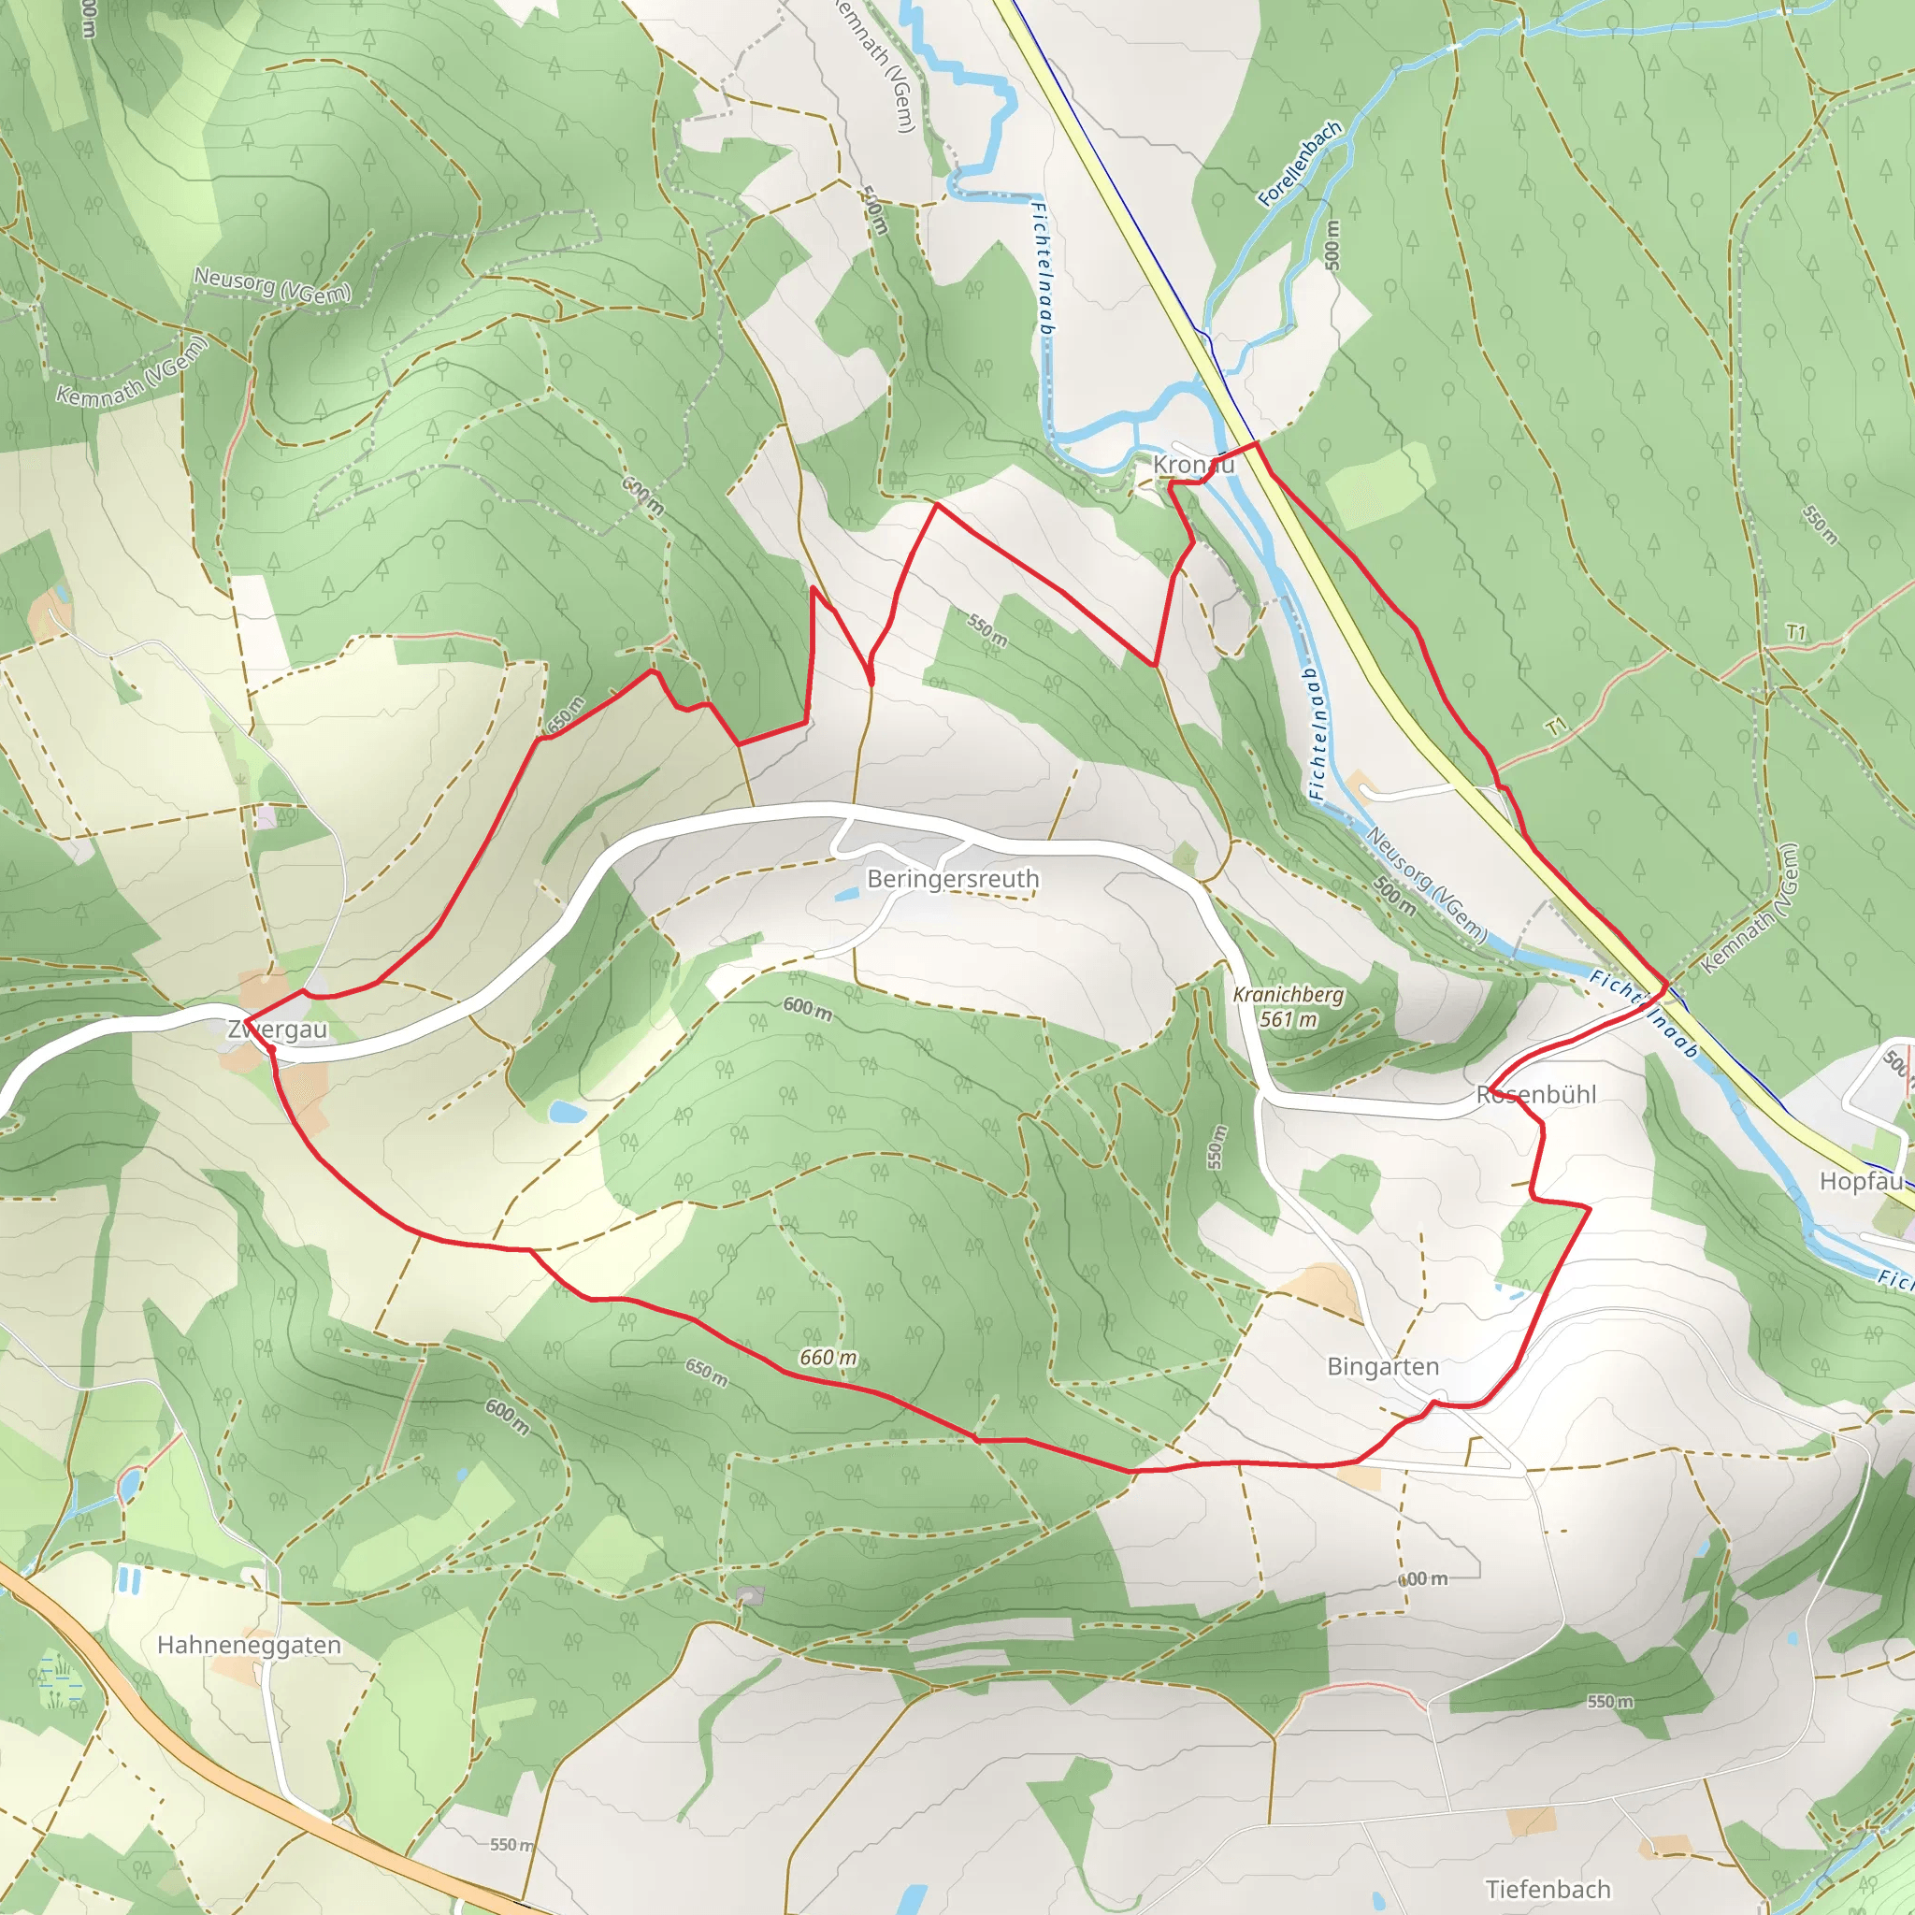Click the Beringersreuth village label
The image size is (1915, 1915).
pos(953,879)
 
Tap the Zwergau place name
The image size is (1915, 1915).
pos(278,1029)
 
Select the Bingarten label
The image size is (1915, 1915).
pos(1383,1367)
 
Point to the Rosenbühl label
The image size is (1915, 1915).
pos(1535,1094)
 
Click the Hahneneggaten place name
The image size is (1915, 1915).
pos(249,1646)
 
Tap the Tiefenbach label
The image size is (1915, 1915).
pos(1548,1888)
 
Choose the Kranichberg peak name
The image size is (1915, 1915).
pos(1288,994)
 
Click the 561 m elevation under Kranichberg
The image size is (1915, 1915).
pos(1288,1019)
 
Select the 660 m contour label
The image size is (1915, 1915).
pos(828,1357)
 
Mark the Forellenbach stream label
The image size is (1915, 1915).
pos(1300,163)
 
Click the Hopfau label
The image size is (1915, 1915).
pos(1861,1182)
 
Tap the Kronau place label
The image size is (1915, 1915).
pos(1193,464)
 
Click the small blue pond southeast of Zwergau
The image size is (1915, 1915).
pos(567,1111)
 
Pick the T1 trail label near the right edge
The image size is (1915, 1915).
pos(1796,631)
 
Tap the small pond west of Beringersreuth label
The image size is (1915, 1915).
pos(846,894)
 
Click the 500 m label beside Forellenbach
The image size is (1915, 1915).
pos(1332,244)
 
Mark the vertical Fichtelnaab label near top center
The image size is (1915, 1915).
pos(1042,267)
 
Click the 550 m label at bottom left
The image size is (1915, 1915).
pos(511,1845)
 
